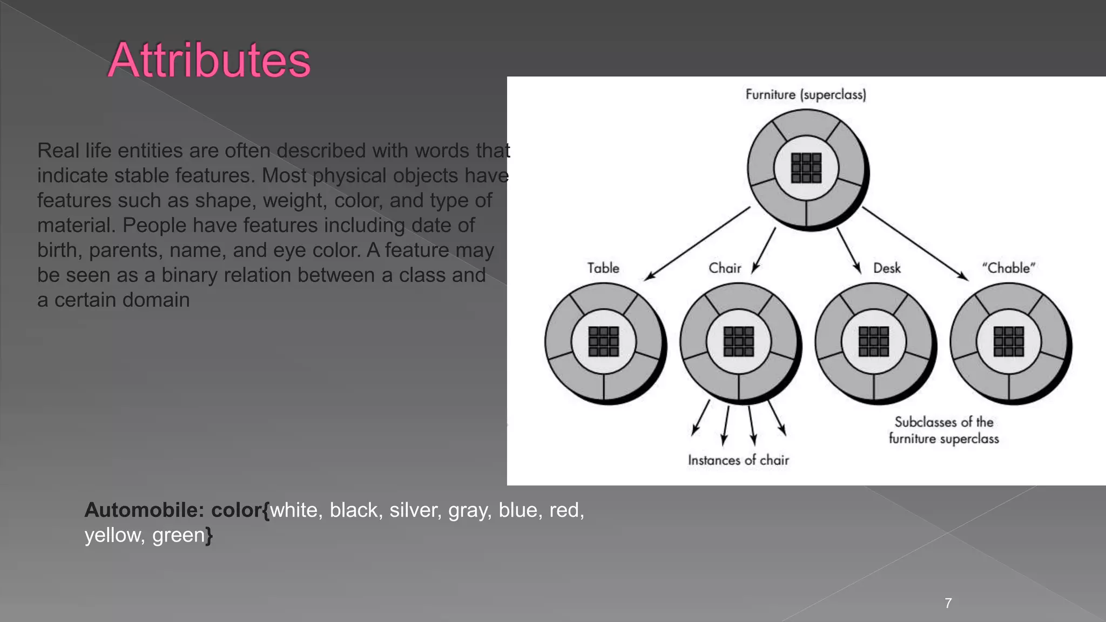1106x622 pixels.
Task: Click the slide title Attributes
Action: [210, 60]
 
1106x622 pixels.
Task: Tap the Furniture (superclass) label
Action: [806, 94]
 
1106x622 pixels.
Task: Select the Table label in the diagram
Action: [603, 268]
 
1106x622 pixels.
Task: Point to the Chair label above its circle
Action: [725, 268]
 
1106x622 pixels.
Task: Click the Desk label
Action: [887, 268]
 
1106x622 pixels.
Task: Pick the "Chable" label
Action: [1008, 268]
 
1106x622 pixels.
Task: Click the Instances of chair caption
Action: [738, 460]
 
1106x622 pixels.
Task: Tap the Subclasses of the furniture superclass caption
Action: [944, 430]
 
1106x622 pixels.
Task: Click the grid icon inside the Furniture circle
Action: [806, 168]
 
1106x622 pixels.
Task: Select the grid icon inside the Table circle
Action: [604, 341]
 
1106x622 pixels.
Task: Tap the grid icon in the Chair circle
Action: [739, 341]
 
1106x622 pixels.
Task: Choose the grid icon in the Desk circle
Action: [874, 341]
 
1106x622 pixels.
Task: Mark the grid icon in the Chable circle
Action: [1009, 341]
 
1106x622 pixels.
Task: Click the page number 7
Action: [948, 603]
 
